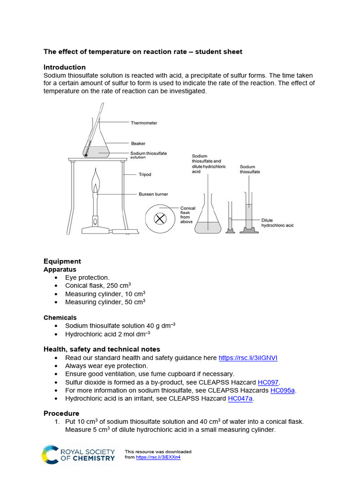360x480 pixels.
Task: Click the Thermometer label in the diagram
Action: click(x=144, y=123)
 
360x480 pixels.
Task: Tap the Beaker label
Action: click(x=138, y=143)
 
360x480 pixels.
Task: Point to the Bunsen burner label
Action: click(x=153, y=194)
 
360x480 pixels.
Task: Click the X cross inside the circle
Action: click(x=161, y=218)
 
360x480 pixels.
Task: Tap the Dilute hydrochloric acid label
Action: click(x=277, y=223)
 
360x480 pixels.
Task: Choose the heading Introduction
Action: click(x=65, y=67)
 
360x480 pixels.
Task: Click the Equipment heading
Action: click(x=62, y=261)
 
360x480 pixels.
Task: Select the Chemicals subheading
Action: click(x=60, y=317)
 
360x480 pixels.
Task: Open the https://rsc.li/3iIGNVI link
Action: click(x=248, y=358)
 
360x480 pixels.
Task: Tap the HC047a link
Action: click(x=240, y=398)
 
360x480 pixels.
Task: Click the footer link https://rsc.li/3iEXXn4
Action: click(x=158, y=457)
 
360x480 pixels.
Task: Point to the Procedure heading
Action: click(x=61, y=413)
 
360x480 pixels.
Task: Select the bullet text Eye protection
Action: click(x=87, y=277)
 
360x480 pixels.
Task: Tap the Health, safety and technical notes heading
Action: click(x=102, y=349)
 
